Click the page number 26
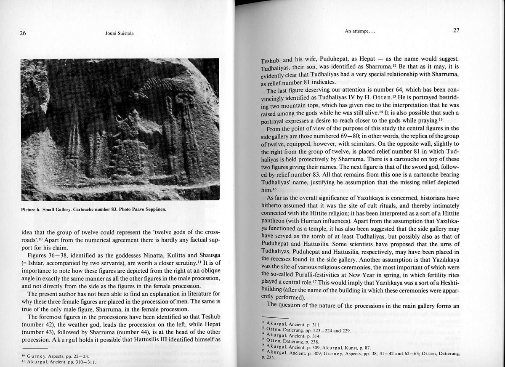[23, 34]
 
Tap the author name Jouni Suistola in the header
[120, 34]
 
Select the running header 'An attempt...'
[359, 31]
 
